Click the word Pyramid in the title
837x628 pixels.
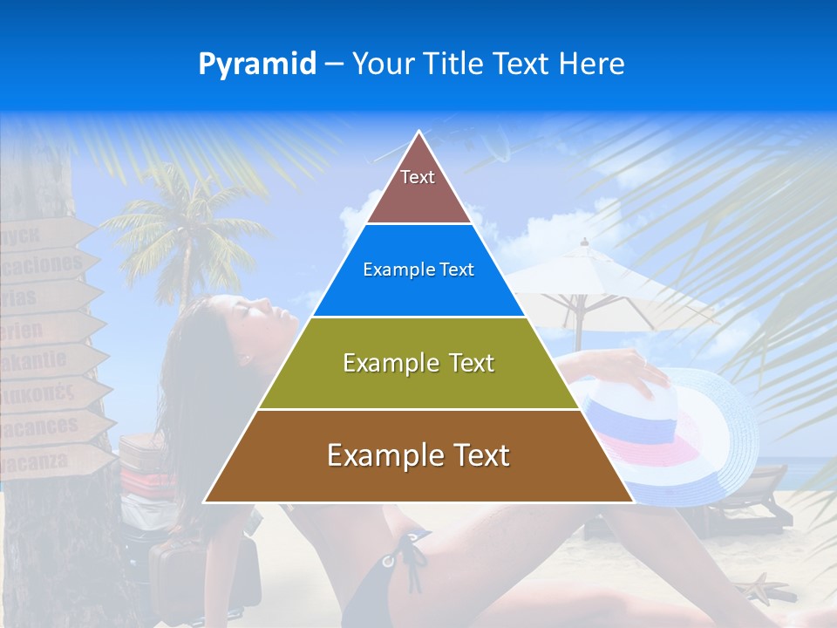click(x=257, y=64)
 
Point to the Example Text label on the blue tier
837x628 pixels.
click(x=418, y=270)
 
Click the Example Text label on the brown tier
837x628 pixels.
click(x=418, y=456)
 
